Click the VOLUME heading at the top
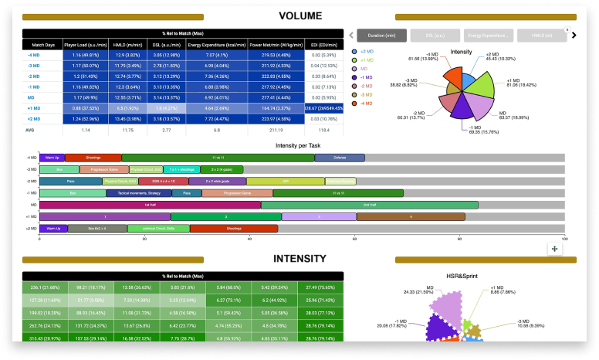(300, 15)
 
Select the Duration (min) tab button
(381, 35)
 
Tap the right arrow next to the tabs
(574, 35)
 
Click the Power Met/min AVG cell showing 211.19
(276, 131)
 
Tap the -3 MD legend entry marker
(354, 93)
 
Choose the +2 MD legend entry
(354, 51)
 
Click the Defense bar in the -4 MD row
(340, 158)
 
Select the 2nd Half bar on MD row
(369, 205)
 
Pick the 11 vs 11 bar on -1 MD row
(338, 192)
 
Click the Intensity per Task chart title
(301, 145)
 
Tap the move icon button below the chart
(554, 248)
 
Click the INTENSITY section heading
(300, 260)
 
